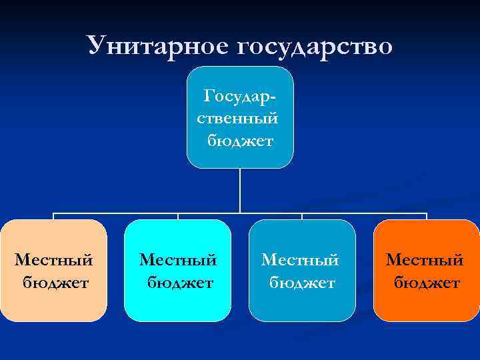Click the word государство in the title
(x=313, y=47)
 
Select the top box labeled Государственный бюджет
(x=240, y=117)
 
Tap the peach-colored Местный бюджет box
(x=53, y=270)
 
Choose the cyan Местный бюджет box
(x=177, y=270)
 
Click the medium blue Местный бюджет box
(x=302, y=270)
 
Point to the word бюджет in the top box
(x=240, y=141)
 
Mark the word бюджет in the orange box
(x=427, y=283)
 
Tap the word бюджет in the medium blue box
(x=303, y=283)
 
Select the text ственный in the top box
(x=240, y=119)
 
